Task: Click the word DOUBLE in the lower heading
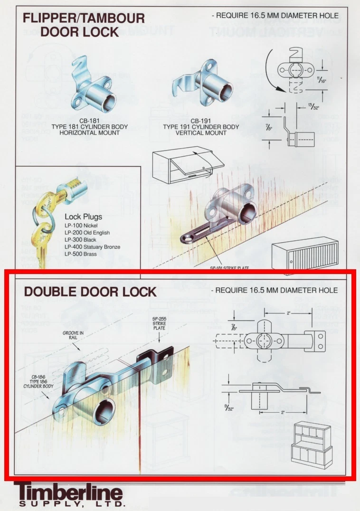48,292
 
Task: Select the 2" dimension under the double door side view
283,413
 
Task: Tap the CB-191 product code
201,121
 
